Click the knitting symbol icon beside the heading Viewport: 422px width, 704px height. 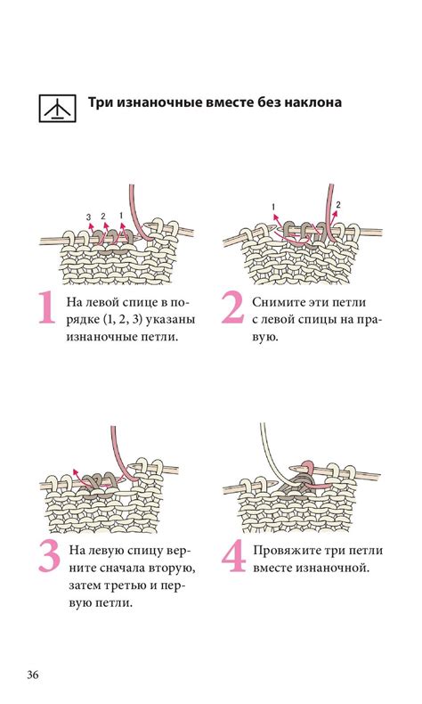pyautogui.click(x=57, y=108)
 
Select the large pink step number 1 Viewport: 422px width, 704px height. pyautogui.click(x=45, y=307)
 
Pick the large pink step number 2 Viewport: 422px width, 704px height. pyautogui.click(x=232, y=307)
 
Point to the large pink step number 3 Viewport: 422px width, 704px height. pyautogui.click(x=49, y=556)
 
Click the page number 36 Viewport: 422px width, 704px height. pyautogui.click(x=33, y=675)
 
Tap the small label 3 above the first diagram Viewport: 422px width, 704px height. pyautogui.click(x=88, y=217)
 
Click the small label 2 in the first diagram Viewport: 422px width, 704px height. pyautogui.click(x=103, y=216)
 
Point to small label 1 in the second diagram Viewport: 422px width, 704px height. pyautogui.click(x=273, y=207)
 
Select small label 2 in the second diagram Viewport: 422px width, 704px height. pyautogui.click(x=338, y=205)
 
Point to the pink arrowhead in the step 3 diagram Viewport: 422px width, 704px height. pyautogui.click(x=75, y=471)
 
